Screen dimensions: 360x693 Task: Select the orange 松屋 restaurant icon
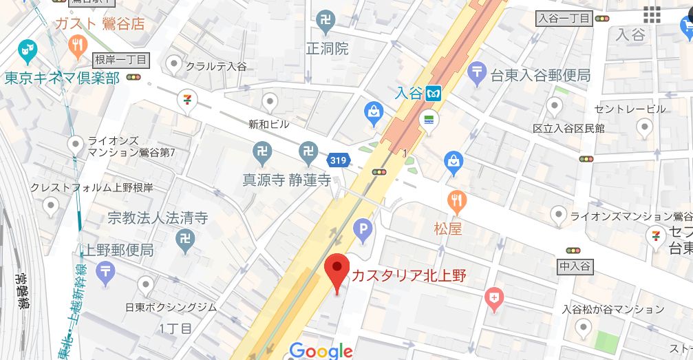[456, 201]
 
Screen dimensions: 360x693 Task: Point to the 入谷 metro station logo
[434, 93]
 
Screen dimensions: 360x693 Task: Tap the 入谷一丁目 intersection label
[564, 19]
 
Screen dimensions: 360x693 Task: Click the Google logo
[321, 350]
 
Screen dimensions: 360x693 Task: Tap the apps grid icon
[652, 14]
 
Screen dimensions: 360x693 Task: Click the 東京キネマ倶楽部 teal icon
[28, 50]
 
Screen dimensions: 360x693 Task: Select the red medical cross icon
[493, 298]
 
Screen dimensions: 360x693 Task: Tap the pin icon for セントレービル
[555, 105]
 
